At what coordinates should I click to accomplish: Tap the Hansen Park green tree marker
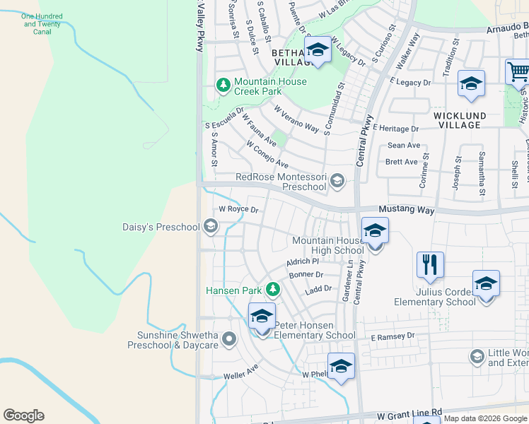click(272, 290)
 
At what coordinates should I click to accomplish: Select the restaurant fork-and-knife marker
click(430, 265)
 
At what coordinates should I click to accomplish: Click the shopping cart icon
click(518, 71)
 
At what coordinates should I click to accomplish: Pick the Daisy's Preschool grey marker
click(209, 227)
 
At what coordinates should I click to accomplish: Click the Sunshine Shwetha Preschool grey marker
click(228, 340)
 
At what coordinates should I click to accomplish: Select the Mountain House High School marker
click(375, 231)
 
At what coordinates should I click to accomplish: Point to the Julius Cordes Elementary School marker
click(486, 284)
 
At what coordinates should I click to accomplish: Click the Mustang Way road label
click(405, 210)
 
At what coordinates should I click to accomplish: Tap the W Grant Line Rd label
click(409, 412)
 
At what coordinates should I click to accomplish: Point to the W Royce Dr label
click(238, 209)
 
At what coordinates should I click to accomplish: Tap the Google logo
click(23, 416)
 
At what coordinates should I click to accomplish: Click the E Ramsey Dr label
click(392, 337)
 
